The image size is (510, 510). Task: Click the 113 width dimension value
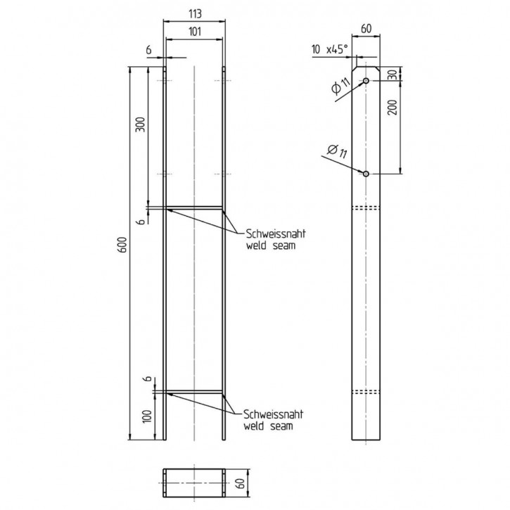point(194,13)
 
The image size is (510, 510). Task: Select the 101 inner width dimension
point(194,32)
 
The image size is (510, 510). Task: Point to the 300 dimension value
point(140,124)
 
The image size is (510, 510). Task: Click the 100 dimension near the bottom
point(147,416)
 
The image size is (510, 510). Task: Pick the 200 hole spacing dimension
point(393,108)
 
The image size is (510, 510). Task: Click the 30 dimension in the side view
point(393,75)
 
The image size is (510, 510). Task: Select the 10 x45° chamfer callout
point(330,49)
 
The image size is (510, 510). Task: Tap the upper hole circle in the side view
point(366,81)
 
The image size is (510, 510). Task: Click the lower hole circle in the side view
point(366,174)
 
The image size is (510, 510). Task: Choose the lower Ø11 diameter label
point(337,151)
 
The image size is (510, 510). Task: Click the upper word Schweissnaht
point(276,234)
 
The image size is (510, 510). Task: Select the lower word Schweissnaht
point(273,414)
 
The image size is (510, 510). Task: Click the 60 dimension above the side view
point(366,29)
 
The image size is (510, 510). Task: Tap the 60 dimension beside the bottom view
point(241,483)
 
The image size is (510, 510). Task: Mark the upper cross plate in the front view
point(194,208)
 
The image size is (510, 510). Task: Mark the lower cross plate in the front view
point(194,392)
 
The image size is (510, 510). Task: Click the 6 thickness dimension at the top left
point(148,50)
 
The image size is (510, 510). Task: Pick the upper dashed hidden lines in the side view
point(366,208)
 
